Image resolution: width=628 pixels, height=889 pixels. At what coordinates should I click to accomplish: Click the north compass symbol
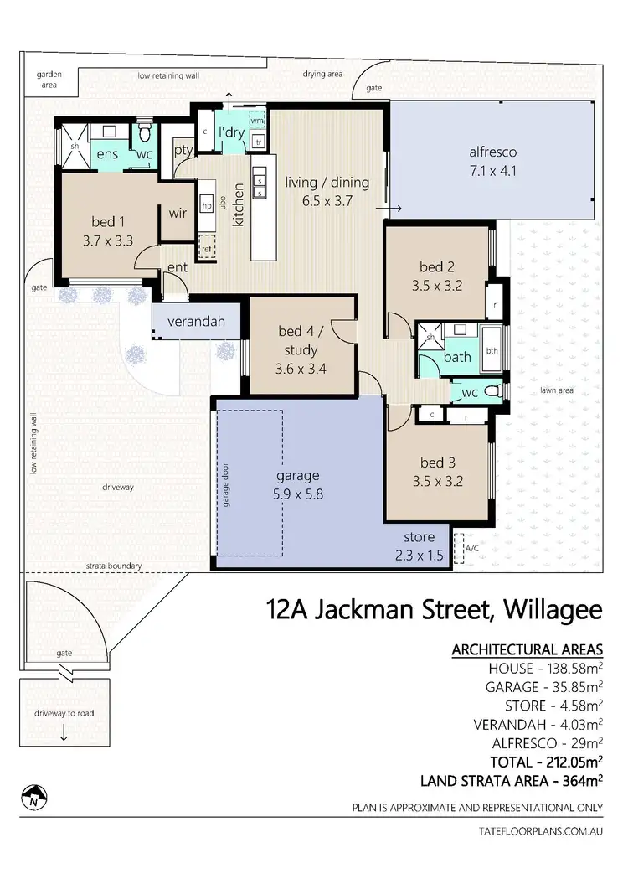[32, 796]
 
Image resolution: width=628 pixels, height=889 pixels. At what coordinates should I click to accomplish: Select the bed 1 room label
[108, 223]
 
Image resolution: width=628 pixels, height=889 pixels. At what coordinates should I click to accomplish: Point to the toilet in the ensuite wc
[144, 134]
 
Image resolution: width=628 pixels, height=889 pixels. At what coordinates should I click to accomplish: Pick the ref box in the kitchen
[206, 248]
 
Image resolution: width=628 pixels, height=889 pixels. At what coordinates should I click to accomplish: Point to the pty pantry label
[183, 151]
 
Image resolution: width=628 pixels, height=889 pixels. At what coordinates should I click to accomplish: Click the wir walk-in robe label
[178, 213]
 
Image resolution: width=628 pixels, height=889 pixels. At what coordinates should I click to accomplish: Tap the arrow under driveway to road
[64, 733]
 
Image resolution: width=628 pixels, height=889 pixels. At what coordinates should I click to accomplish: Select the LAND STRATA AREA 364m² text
[511, 781]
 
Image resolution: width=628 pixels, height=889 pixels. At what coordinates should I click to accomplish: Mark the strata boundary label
[113, 566]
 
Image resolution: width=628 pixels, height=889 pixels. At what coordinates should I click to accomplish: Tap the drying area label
[323, 75]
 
